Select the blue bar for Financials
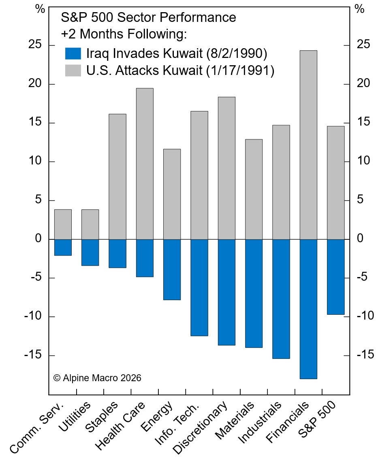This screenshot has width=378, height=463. click(x=308, y=309)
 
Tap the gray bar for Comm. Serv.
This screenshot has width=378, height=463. click(x=63, y=224)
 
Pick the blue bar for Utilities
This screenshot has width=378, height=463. click(x=90, y=252)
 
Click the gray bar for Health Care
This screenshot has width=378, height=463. click(x=145, y=164)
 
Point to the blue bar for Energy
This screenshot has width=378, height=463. click(x=172, y=269)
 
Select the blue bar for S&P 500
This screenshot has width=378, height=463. click(x=336, y=277)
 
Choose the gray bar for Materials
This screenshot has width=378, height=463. click(x=254, y=189)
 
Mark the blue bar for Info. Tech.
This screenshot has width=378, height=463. click(x=199, y=288)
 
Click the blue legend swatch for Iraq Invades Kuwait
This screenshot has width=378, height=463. click(x=73, y=53)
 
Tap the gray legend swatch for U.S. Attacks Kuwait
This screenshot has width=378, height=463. click(x=73, y=70)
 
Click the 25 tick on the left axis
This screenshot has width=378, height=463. click(x=36, y=45)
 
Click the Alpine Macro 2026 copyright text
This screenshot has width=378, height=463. click(x=97, y=378)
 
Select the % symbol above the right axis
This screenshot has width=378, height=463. click(x=359, y=9)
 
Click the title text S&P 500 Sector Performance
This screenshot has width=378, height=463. click(x=148, y=18)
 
